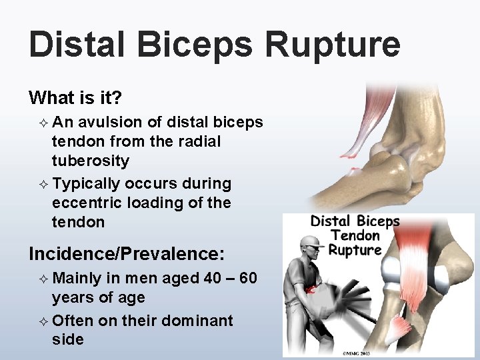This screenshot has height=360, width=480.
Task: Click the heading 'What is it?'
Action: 75,98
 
